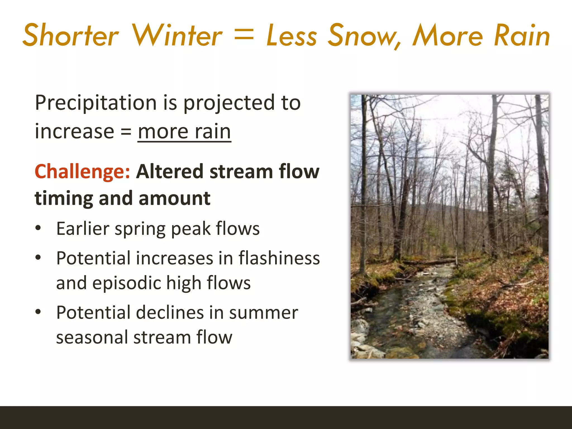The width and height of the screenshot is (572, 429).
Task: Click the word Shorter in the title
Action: pyautogui.click(x=71, y=36)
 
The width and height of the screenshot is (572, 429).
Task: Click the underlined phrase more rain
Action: pyautogui.click(x=184, y=131)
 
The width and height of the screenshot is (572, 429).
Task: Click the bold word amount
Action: pyautogui.click(x=174, y=198)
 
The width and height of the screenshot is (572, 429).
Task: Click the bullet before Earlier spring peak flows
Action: pyautogui.click(x=38, y=228)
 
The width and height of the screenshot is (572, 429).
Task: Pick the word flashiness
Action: pyautogui.click(x=279, y=258)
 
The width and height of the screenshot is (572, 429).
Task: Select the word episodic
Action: pyautogui.click(x=127, y=283)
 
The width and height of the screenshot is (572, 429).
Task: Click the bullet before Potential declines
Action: pyautogui.click(x=38, y=312)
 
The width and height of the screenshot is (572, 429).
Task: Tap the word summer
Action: pyautogui.click(x=263, y=313)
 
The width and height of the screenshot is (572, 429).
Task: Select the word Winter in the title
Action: pyautogui.click(x=177, y=36)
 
